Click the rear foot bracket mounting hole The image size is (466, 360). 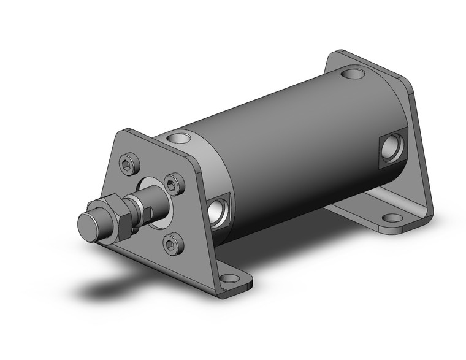pyautogui.click(x=390, y=217)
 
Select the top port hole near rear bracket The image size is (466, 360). pyautogui.click(x=353, y=76)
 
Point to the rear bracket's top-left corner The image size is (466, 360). pyautogui.click(x=334, y=57)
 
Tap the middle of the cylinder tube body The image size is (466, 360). pyautogui.click(x=288, y=153)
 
